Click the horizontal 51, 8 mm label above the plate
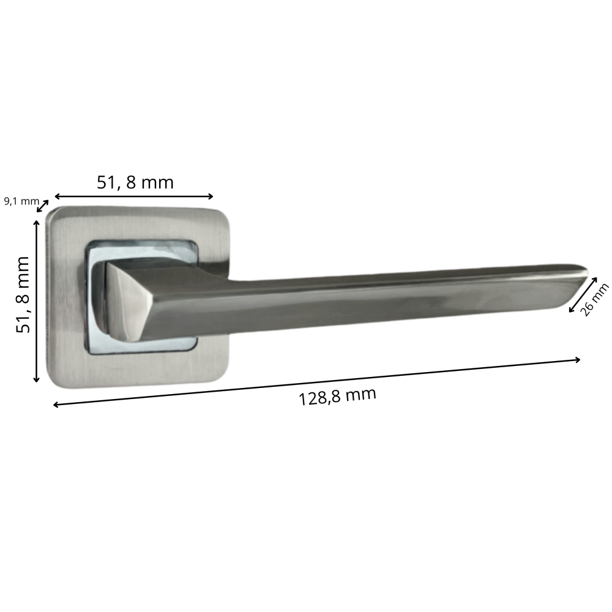(x=135, y=182)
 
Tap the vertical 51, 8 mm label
(x=23, y=295)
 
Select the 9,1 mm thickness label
(x=21, y=201)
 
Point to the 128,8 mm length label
(x=337, y=397)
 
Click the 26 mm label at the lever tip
(x=595, y=300)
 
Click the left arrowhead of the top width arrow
(x=57, y=196)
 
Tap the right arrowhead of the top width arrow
(x=211, y=196)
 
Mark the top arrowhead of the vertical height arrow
(x=37, y=223)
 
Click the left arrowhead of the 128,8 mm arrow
(x=56, y=405)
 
